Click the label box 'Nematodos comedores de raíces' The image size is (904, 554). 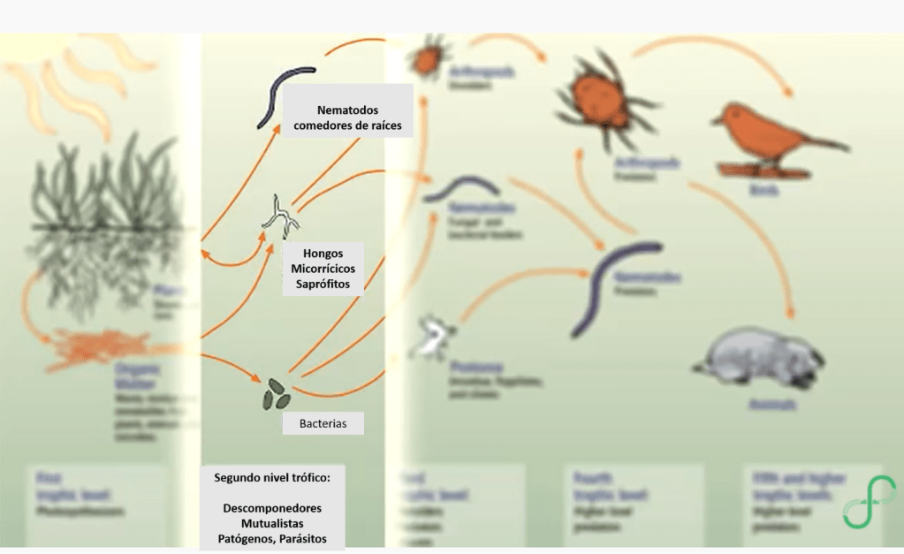(x=347, y=118)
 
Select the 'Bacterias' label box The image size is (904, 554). (x=323, y=424)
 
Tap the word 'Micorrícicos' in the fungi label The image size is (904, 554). (x=323, y=269)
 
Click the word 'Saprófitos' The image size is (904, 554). (x=323, y=285)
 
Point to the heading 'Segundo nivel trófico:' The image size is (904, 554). (x=271, y=477)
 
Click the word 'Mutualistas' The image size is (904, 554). (x=271, y=523)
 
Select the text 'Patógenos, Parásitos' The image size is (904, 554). (x=271, y=538)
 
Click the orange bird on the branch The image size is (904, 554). (x=769, y=137)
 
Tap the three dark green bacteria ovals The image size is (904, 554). (x=275, y=394)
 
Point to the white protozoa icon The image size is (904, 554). (x=433, y=337)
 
